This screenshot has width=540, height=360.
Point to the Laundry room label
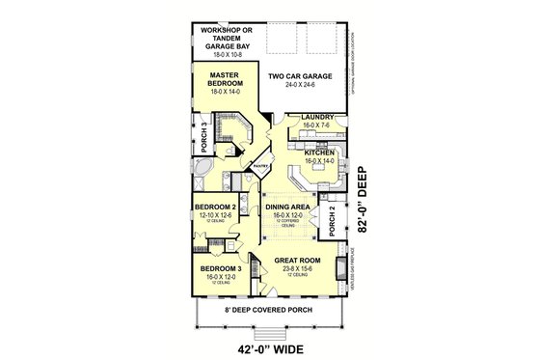(318, 118)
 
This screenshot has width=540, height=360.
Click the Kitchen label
(319, 153)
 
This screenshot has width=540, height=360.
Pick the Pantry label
(259, 167)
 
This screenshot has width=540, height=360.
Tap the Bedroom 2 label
(215, 208)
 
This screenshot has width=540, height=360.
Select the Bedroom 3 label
(215, 267)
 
